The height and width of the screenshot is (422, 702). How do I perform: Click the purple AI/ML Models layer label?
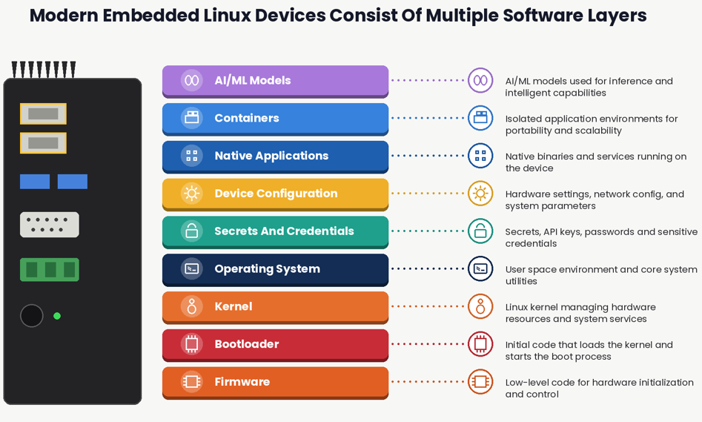pyautogui.click(x=253, y=81)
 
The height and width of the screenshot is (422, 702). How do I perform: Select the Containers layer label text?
pyautogui.click(x=247, y=118)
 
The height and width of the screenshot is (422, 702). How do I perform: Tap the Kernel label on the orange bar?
pyautogui.click(x=234, y=306)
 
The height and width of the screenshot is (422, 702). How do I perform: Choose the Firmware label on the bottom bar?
pyautogui.click(x=242, y=382)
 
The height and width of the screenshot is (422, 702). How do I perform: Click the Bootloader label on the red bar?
pyautogui.click(x=247, y=344)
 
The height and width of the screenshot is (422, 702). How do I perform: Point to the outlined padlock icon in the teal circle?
pyautogui.click(x=480, y=231)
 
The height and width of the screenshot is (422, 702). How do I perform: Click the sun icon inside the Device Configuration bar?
pyautogui.click(x=191, y=194)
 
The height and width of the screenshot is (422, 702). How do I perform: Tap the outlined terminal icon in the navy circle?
pyautogui.click(x=480, y=268)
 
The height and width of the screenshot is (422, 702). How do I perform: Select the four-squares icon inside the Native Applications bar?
pyautogui.click(x=191, y=156)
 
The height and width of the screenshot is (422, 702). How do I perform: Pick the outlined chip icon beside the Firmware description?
pyautogui.click(x=480, y=382)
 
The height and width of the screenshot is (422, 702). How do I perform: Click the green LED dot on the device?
pyautogui.click(x=57, y=316)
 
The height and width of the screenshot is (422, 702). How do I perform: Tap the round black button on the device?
pyautogui.click(x=32, y=316)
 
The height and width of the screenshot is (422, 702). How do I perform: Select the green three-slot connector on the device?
pyautogui.click(x=50, y=270)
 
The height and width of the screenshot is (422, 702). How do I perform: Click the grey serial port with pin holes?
pyautogui.click(x=50, y=225)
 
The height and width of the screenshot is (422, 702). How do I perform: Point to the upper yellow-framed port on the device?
pyautogui.click(x=44, y=113)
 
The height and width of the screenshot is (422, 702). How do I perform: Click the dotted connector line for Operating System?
pyautogui.click(x=428, y=268)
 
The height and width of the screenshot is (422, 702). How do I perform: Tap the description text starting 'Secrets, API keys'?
pyautogui.click(x=601, y=237)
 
